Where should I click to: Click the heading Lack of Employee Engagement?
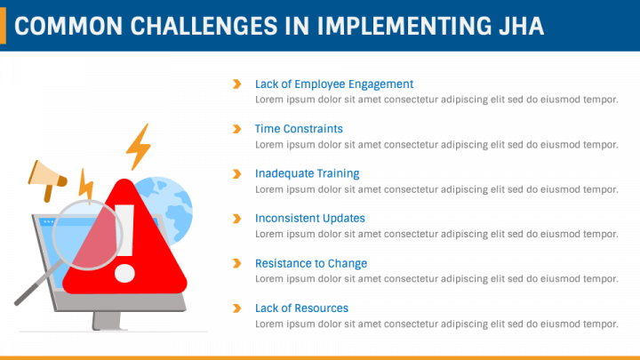(334, 84)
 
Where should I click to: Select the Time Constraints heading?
(299, 129)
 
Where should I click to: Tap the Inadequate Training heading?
(307, 173)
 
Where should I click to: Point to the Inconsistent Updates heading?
(310, 219)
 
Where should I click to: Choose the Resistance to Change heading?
(311, 263)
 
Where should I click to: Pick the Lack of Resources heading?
(301, 308)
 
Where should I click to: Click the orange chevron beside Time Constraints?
(236, 129)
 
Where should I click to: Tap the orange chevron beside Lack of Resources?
(236, 308)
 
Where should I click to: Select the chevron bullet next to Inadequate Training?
(236, 174)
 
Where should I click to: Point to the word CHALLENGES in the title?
(204, 26)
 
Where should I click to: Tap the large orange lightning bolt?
(139, 147)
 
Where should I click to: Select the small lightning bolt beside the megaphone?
(85, 186)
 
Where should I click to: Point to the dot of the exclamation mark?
(124, 273)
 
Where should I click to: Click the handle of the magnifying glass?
(36, 284)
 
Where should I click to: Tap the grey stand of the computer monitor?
(107, 321)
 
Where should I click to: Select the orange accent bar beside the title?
(3, 25)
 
